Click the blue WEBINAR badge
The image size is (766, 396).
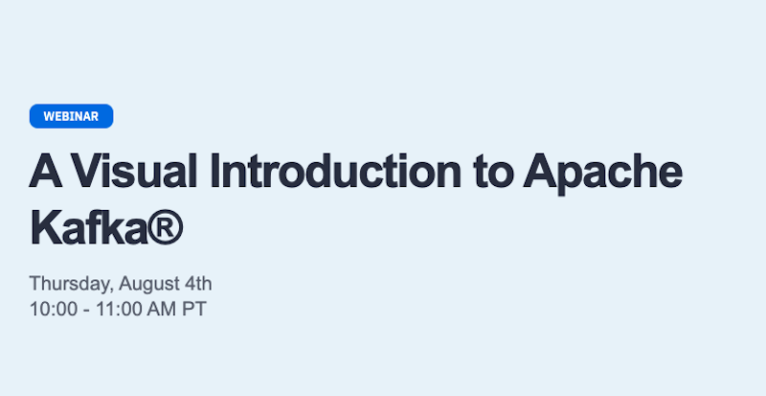(71, 116)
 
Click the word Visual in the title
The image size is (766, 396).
(135, 172)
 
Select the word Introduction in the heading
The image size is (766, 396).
(336, 172)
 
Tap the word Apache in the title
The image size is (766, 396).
(602, 174)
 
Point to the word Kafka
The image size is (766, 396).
(88, 227)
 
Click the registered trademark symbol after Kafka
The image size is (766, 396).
(165, 227)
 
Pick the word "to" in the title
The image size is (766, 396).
(493, 173)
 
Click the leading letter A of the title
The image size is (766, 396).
(46, 172)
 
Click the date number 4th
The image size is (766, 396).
(199, 284)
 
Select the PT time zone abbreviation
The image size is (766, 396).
(194, 310)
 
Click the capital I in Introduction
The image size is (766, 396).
(214, 172)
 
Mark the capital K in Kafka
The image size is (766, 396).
(46, 227)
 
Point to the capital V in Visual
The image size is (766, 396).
(89, 172)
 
